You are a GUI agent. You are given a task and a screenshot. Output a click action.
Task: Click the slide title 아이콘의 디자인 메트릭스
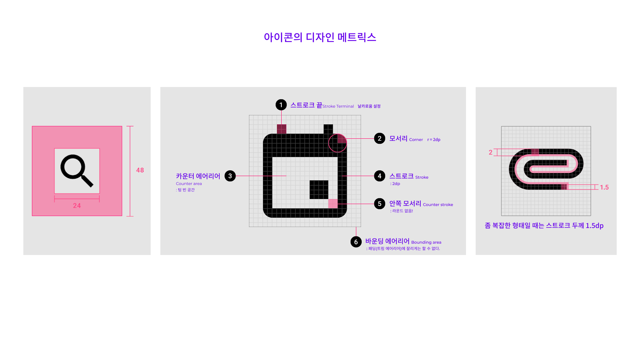click(320, 37)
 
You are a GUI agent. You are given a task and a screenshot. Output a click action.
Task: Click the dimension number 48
click(140, 170)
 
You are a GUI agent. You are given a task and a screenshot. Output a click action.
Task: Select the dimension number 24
click(77, 206)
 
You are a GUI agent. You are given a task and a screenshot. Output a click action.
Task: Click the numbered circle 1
click(281, 105)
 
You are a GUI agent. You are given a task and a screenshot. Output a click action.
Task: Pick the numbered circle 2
click(379, 138)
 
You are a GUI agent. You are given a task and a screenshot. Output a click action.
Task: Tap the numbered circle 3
click(230, 176)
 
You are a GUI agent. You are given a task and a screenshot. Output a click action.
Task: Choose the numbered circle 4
click(379, 176)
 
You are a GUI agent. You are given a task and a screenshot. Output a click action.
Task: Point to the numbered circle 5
click(379, 204)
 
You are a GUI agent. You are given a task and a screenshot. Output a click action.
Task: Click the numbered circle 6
click(356, 242)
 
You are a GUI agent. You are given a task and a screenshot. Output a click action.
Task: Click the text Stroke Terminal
click(338, 106)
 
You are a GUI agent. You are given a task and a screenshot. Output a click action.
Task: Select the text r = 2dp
click(434, 140)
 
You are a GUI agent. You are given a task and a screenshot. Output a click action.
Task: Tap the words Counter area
click(189, 184)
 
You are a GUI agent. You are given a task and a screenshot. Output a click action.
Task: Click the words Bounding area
click(426, 242)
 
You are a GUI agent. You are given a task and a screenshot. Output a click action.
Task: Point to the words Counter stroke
click(438, 205)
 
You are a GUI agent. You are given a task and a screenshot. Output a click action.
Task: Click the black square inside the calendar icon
click(319, 190)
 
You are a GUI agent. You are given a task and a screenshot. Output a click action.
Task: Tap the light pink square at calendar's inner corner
click(333, 204)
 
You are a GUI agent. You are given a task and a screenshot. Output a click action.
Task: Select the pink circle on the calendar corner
click(337, 143)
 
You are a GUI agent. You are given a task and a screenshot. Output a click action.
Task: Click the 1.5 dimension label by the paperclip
click(604, 187)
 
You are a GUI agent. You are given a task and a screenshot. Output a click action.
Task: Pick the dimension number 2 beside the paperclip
click(490, 152)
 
